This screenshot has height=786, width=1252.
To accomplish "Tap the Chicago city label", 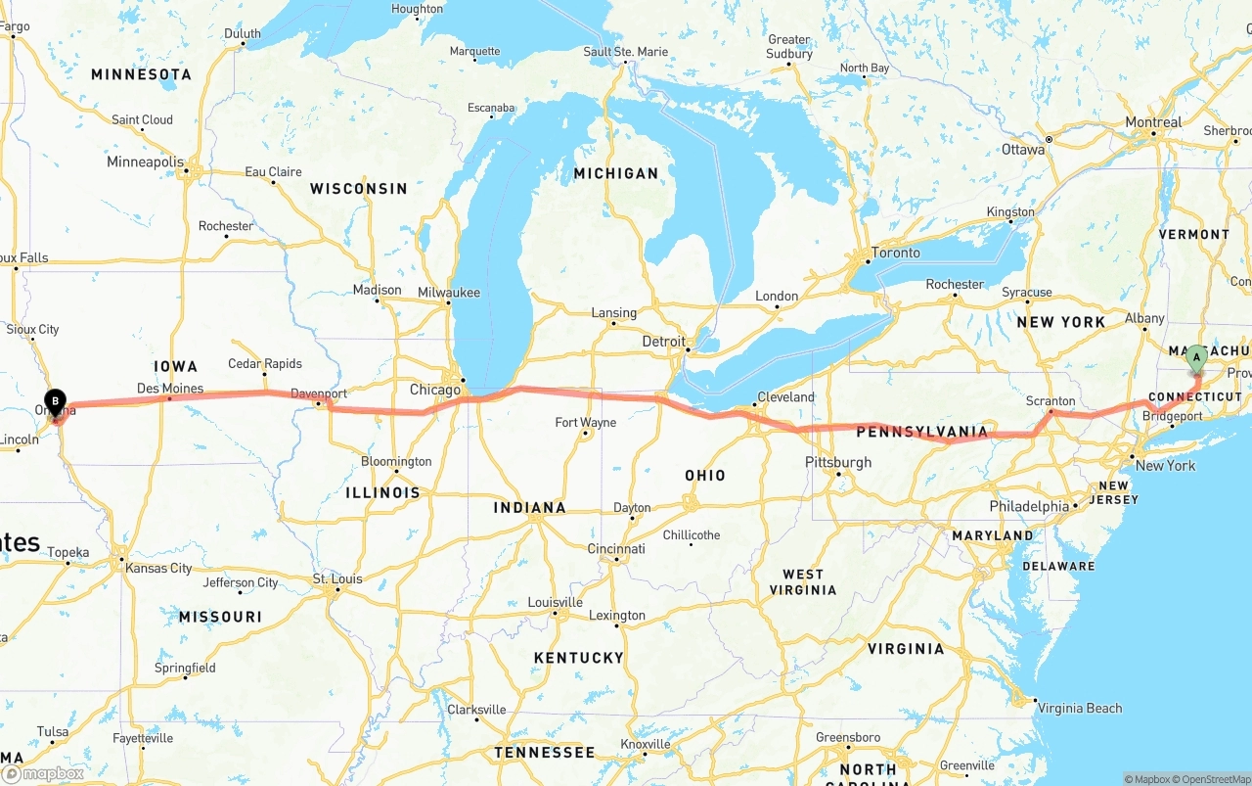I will click(434, 390).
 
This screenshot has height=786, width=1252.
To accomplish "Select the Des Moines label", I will click(170, 389).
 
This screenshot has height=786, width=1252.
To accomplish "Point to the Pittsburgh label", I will click(838, 462).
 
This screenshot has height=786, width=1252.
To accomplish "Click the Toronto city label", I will click(895, 253).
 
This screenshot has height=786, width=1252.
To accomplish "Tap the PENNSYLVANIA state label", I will click(921, 432).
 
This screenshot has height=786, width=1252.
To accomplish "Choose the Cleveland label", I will click(785, 396).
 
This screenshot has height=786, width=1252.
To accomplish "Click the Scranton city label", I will click(1051, 401).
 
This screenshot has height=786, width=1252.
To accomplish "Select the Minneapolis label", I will click(145, 162).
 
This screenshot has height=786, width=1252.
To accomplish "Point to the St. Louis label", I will click(337, 579).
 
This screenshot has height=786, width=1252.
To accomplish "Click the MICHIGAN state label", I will click(616, 173).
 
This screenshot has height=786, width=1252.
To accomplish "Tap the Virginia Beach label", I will click(1080, 708).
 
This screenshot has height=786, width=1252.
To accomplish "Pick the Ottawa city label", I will click(1023, 150).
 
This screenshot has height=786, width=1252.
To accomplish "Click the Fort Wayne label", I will click(585, 423).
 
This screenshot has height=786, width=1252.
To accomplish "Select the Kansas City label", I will click(157, 568).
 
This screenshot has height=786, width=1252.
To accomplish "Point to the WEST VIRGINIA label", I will click(809, 581).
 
